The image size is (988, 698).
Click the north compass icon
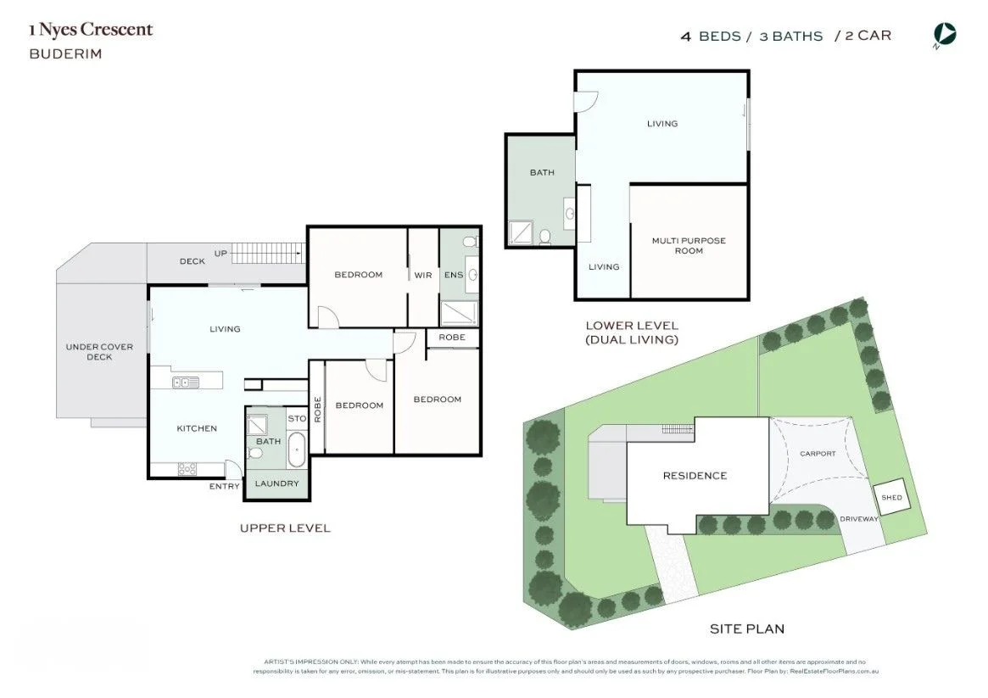point(945,35)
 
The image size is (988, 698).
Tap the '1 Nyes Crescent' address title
point(91,30)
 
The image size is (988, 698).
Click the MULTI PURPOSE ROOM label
point(689,245)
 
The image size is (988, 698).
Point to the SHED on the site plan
point(892,498)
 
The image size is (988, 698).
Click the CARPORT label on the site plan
point(818,454)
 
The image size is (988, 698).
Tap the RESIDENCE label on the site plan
point(695,476)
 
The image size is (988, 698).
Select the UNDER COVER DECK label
point(99,352)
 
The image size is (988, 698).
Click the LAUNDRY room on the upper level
point(277,483)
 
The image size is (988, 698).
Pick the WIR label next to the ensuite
point(423,275)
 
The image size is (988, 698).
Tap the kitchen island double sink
point(186,383)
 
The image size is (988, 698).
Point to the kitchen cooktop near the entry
point(187,468)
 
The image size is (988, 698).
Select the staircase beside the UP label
point(267,253)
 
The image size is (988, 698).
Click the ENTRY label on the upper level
point(225,486)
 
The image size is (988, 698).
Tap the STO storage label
point(297,418)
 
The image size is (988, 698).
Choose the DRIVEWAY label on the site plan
point(860,519)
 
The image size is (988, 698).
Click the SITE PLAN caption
point(746,628)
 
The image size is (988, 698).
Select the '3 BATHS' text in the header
point(791,36)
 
